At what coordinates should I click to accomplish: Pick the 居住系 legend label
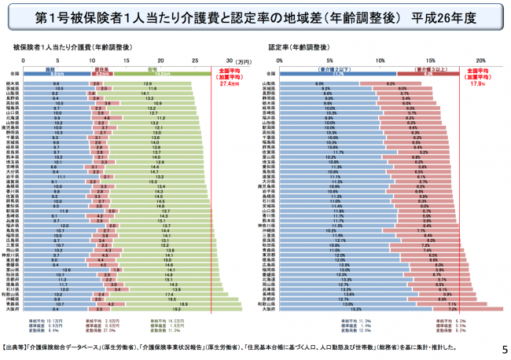[x=100, y=69]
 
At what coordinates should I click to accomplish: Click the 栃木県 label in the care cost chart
[x=13, y=83]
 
